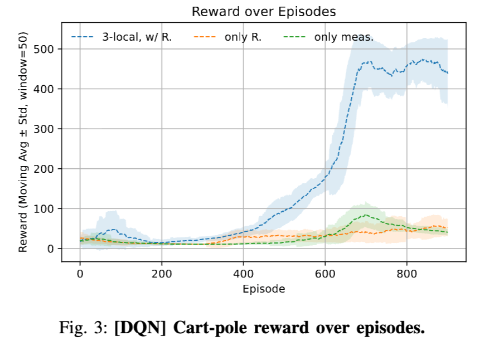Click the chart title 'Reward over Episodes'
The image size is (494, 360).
[264, 12]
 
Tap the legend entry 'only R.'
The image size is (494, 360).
[243, 38]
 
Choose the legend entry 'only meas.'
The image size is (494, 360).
[343, 38]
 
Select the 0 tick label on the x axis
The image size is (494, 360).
[80, 274]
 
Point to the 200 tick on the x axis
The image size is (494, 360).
[162, 274]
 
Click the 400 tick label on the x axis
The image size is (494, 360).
[243, 274]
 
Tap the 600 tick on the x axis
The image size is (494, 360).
[325, 274]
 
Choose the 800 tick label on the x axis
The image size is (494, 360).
[406, 274]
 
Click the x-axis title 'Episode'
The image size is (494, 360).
[264, 289]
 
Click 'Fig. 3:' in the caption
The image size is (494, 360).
[84, 328]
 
